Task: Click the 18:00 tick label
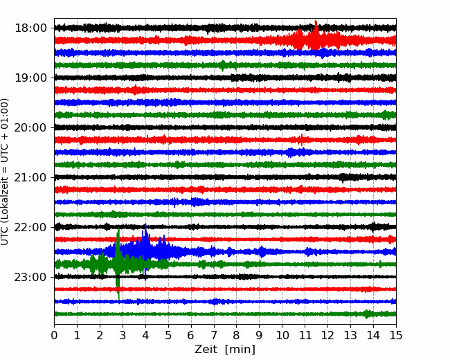pyautogui.click(x=30, y=28)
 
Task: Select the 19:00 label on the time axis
pyautogui.click(x=30, y=78)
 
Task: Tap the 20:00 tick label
pyautogui.click(x=30, y=127)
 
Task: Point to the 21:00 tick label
pyautogui.click(x=30, y=177)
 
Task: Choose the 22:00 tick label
pyautogui.click(x=30, y=227)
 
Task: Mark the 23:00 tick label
pyautogui.click(x=30, y=277)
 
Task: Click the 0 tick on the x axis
pyautogui.click(x=54, y=335)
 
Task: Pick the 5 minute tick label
pyautogui.click(x=168, y=335)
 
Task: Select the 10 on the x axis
pyautogui.click(x=282, y=335)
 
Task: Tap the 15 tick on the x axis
pyautogui.click(x=396, y=335)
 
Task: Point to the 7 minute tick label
pyautogui.click(x=214, y=335)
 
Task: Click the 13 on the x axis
pyautogui.click(x=350, y=335)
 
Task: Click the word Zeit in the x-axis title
pyautogui.click(x=207, y=350)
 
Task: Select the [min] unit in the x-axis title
pyautogui.click(x=240, y=350)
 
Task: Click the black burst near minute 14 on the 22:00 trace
pyautogui.click(x=373, y=227)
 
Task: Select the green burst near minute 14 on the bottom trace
pyautogui.click(x=367, y=314)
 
